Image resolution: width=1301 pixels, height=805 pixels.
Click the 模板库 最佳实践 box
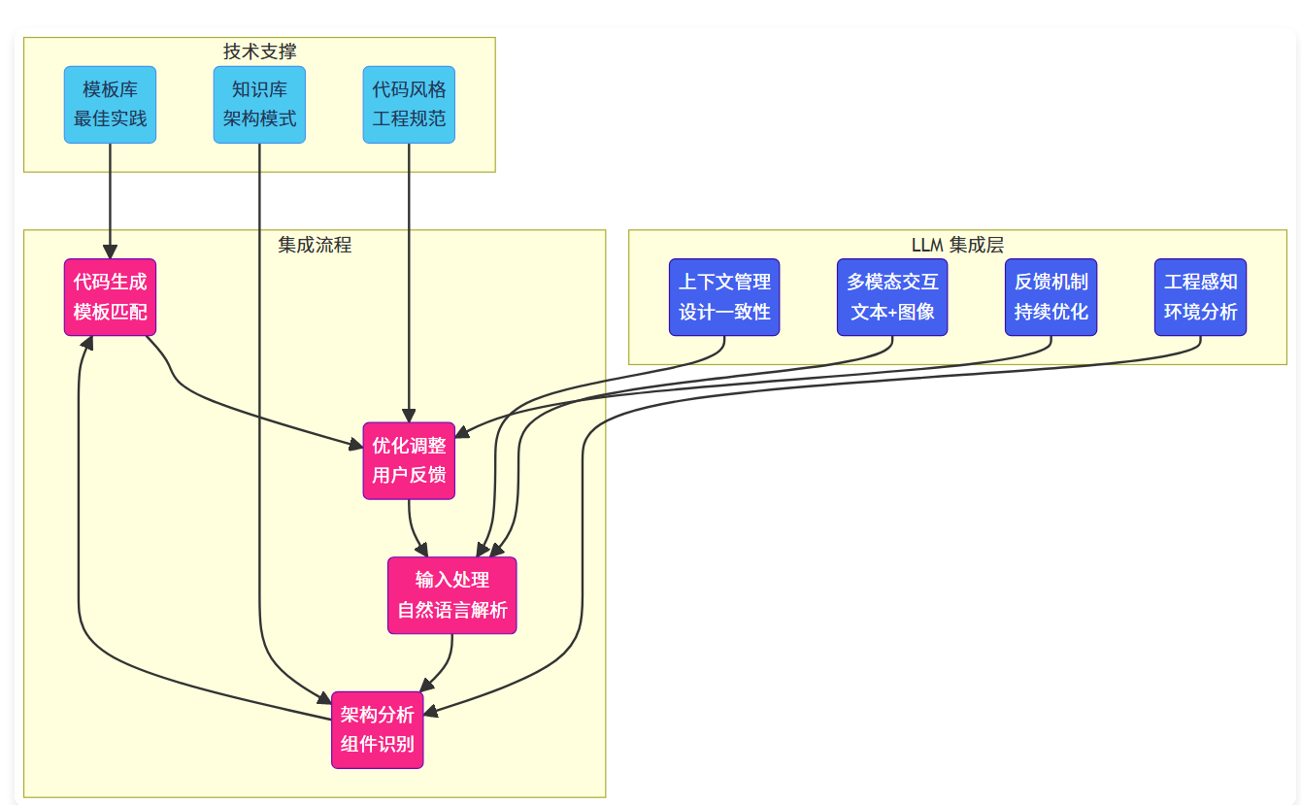tap(110, 105)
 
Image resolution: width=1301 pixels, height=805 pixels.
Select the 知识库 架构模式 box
tap(259, 105)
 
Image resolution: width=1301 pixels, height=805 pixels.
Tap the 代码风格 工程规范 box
tap(409, 105)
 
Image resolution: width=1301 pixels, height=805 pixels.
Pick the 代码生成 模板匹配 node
tap(110, 297)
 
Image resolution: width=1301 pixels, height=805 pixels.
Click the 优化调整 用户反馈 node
tap(409, 460)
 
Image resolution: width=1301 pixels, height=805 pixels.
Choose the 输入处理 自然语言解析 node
tap(451, 595)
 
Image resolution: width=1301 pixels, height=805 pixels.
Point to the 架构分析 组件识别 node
tap(378, 730)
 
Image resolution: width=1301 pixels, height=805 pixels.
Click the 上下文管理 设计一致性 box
tap(724, 297)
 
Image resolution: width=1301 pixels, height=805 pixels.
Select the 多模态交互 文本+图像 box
tap(892, 297)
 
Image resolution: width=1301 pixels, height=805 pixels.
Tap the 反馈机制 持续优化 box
tap(1051, 297)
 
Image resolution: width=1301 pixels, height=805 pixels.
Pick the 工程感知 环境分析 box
tap(1201, 297)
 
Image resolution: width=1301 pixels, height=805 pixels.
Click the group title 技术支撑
tap(259, 51)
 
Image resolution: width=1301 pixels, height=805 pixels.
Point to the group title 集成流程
tap(315, 245)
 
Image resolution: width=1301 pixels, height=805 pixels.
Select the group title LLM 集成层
tap(957, 245)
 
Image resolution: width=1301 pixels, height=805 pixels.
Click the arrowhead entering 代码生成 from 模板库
tap(110, 252)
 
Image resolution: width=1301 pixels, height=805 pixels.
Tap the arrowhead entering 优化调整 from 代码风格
tap(409, 416)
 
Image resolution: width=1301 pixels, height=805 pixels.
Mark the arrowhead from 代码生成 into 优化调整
tap(356, 445)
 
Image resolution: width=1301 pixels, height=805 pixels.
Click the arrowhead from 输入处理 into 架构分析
tap(426, 686)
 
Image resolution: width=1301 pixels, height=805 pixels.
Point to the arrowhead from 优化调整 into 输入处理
tap(422, 550)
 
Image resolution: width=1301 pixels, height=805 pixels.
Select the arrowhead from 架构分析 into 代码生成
tap(87, 343)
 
